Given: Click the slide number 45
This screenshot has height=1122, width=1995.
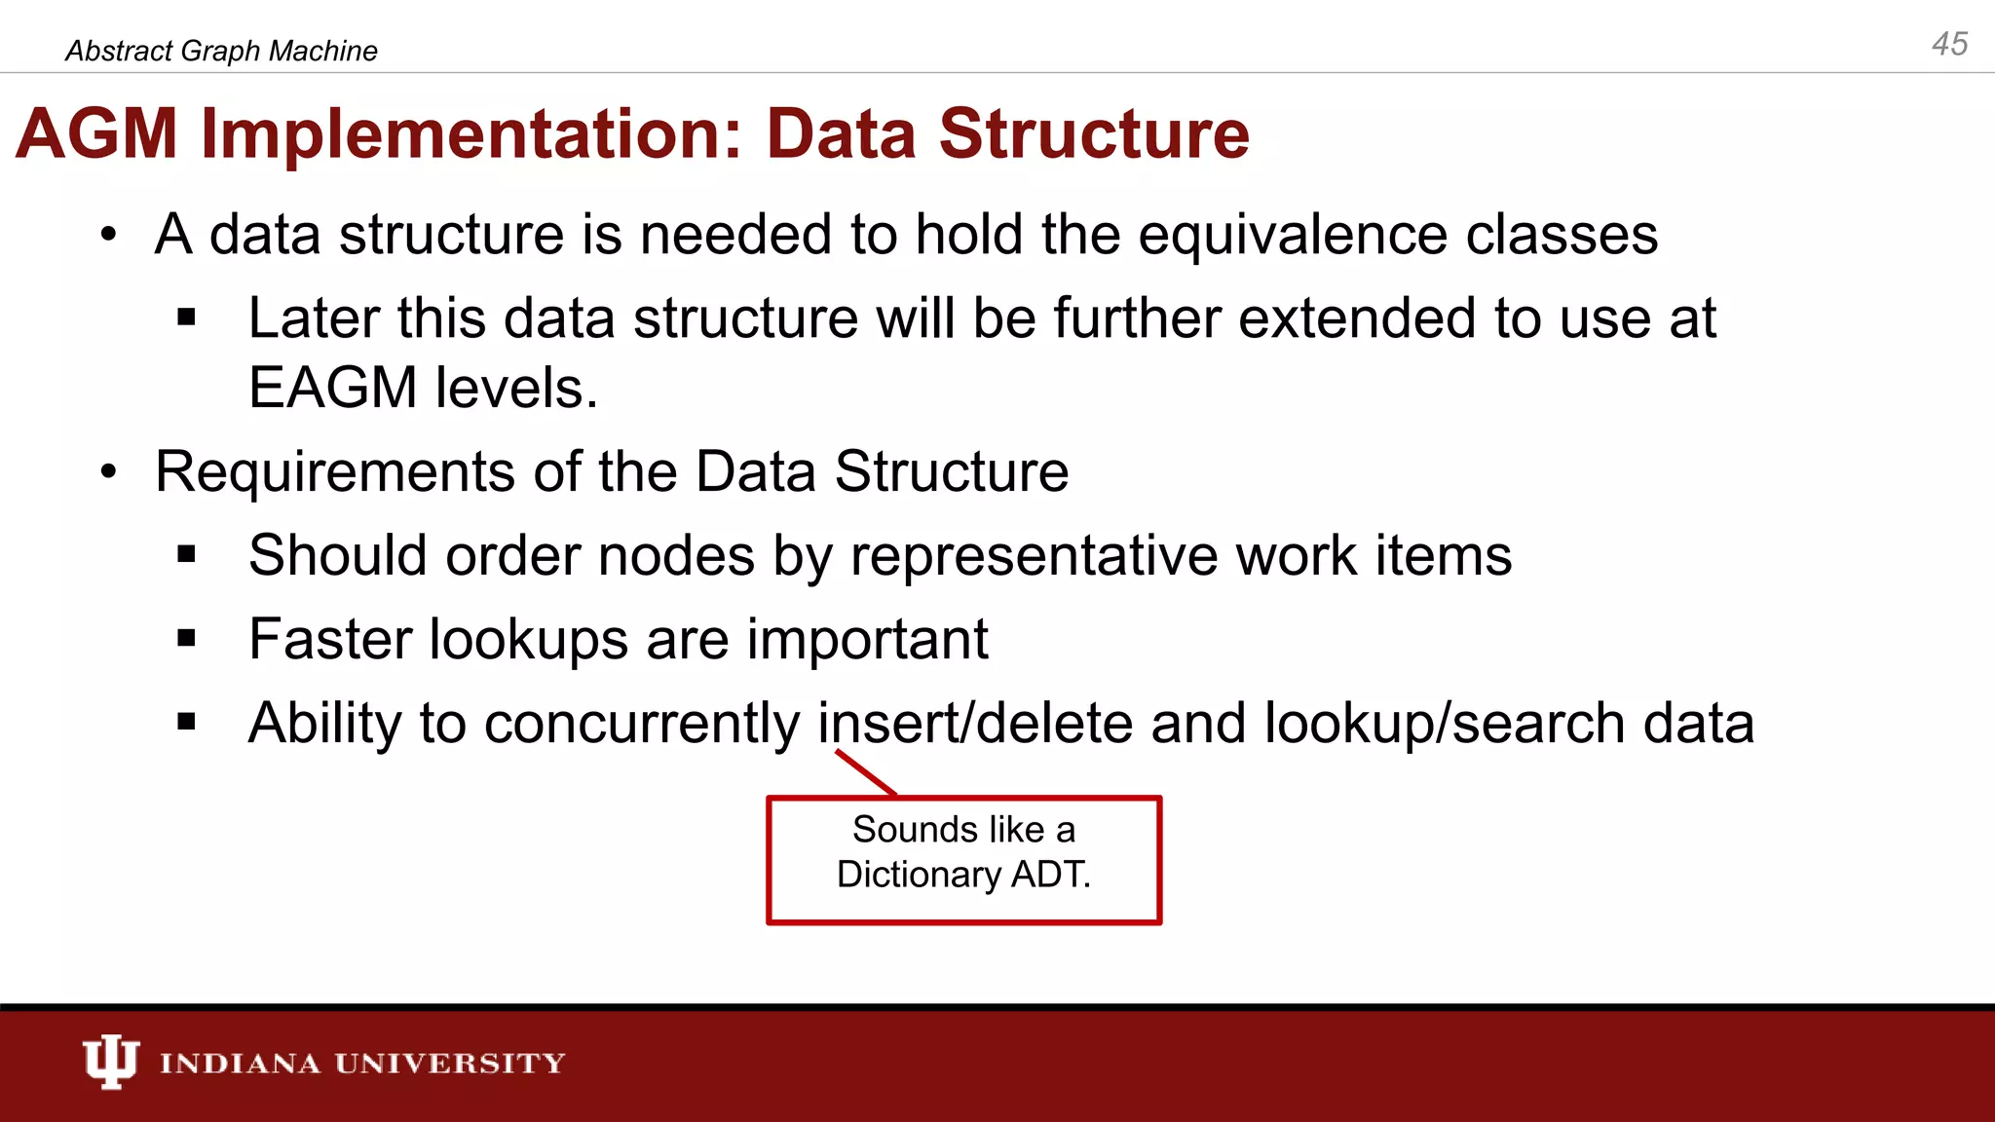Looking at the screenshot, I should click(1949, 44).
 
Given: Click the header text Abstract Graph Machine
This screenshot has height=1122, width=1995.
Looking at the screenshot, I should click(221, 51).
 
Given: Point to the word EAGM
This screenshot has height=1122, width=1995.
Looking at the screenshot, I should click(332, 388).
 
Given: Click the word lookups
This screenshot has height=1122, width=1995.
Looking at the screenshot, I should click(528, 640).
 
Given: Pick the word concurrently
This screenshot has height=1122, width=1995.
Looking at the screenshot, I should click(641, 725).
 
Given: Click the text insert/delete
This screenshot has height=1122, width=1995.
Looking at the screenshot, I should click(975, 724).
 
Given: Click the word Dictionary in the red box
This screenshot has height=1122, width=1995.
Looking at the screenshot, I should click(918, 875).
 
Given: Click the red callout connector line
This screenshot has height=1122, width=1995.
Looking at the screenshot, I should click(865, 772).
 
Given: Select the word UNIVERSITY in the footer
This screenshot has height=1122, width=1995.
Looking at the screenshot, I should click(449, 1063).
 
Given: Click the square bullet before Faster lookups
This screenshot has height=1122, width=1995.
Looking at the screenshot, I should click(187, 639).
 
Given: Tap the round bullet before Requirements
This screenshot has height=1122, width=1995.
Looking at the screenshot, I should click(108, 472).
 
